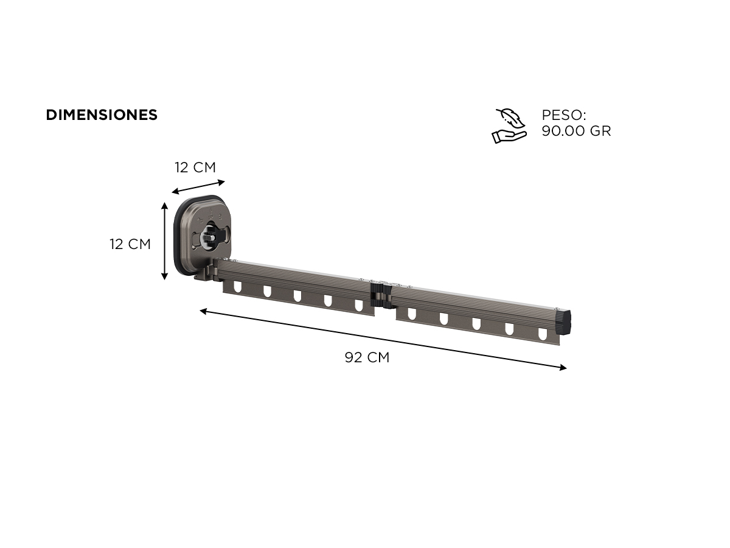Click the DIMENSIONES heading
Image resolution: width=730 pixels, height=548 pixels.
[102, 115]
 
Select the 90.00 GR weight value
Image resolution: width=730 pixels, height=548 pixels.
[576, 131]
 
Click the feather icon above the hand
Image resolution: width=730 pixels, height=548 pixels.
[510, 118]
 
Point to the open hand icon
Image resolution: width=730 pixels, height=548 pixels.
[509, 136]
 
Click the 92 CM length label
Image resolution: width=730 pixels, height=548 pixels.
[367, 357]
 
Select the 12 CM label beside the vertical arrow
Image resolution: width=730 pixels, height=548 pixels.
[130, 244]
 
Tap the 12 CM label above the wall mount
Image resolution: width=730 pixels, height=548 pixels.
[195, 167]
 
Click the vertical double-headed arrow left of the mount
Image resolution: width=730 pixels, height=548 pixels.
[164, 241]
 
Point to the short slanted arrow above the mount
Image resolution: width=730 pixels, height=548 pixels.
[198, 187]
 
